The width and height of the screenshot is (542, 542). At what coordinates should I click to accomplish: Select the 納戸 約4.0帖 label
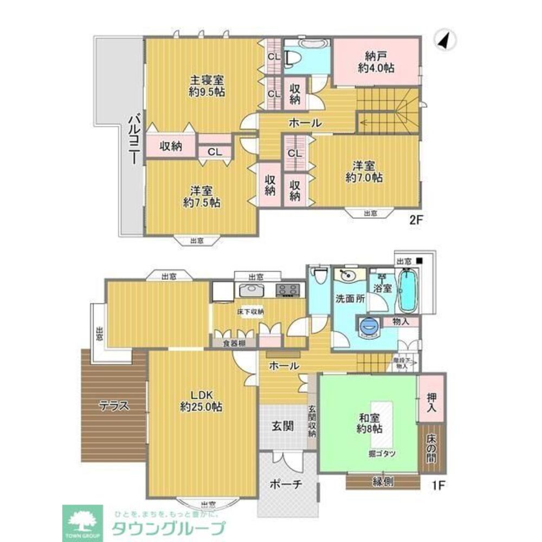[376, 62]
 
